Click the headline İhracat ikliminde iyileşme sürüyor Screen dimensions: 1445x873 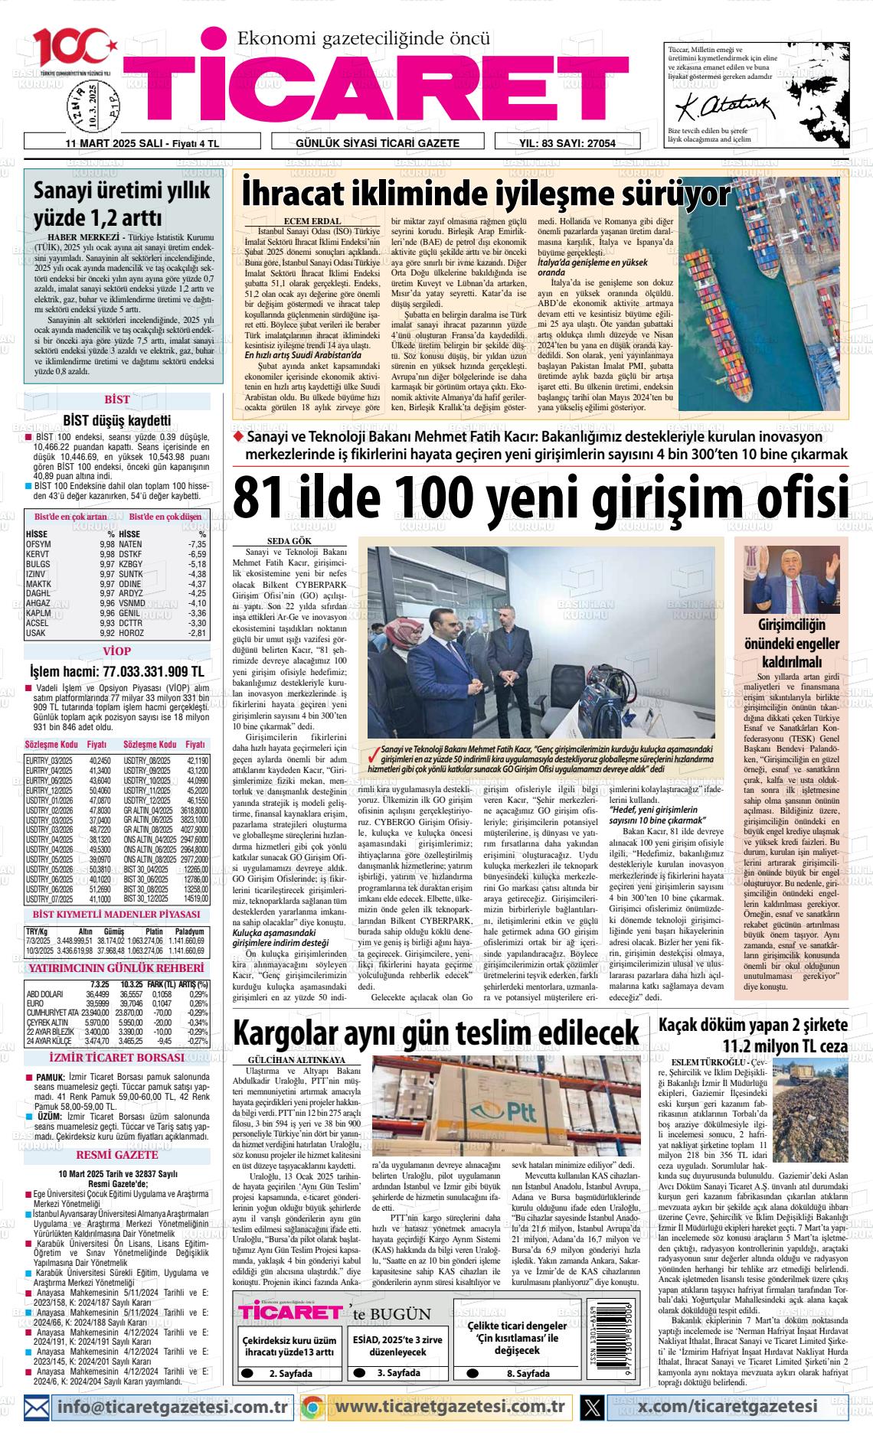pos(486,195)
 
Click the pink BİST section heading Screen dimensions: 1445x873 pos(116,400)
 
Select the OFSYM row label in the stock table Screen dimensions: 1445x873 pos(38,544)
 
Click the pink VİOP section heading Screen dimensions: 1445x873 pos(116,651)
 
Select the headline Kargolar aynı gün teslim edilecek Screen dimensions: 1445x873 pos(436,1032)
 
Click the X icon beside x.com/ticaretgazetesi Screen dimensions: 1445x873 pos(592,1406)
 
